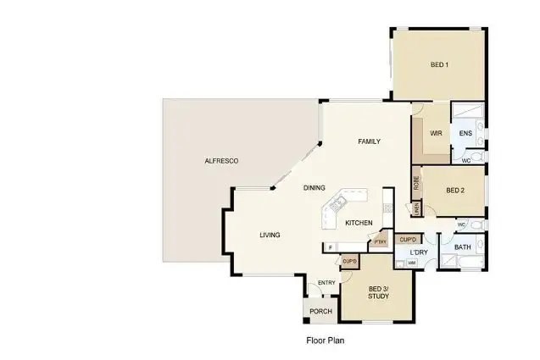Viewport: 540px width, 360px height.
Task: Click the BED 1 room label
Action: [438, 65]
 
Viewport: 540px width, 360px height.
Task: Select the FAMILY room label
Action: [369, 141]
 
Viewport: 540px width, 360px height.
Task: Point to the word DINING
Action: [315, 188]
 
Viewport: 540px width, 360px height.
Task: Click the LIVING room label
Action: [270, 235]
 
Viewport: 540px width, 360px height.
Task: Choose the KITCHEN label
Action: [359, 223]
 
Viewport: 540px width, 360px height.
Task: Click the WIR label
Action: [436, 133]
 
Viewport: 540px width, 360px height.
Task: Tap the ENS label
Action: [465, 133]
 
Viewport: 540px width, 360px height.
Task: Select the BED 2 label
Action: [455, 190]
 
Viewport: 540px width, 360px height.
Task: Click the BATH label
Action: [462, 247]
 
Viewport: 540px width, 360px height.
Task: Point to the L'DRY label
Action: [418, 252]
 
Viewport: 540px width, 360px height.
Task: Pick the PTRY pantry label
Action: [380, 241]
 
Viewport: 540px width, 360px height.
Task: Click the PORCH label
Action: [320, 312]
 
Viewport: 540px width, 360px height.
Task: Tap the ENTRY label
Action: [326, 283]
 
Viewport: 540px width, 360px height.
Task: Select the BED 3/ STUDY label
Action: [378, 293]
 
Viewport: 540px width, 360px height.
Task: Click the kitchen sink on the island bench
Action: [337, 203]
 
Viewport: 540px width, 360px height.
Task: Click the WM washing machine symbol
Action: [411, 263]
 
